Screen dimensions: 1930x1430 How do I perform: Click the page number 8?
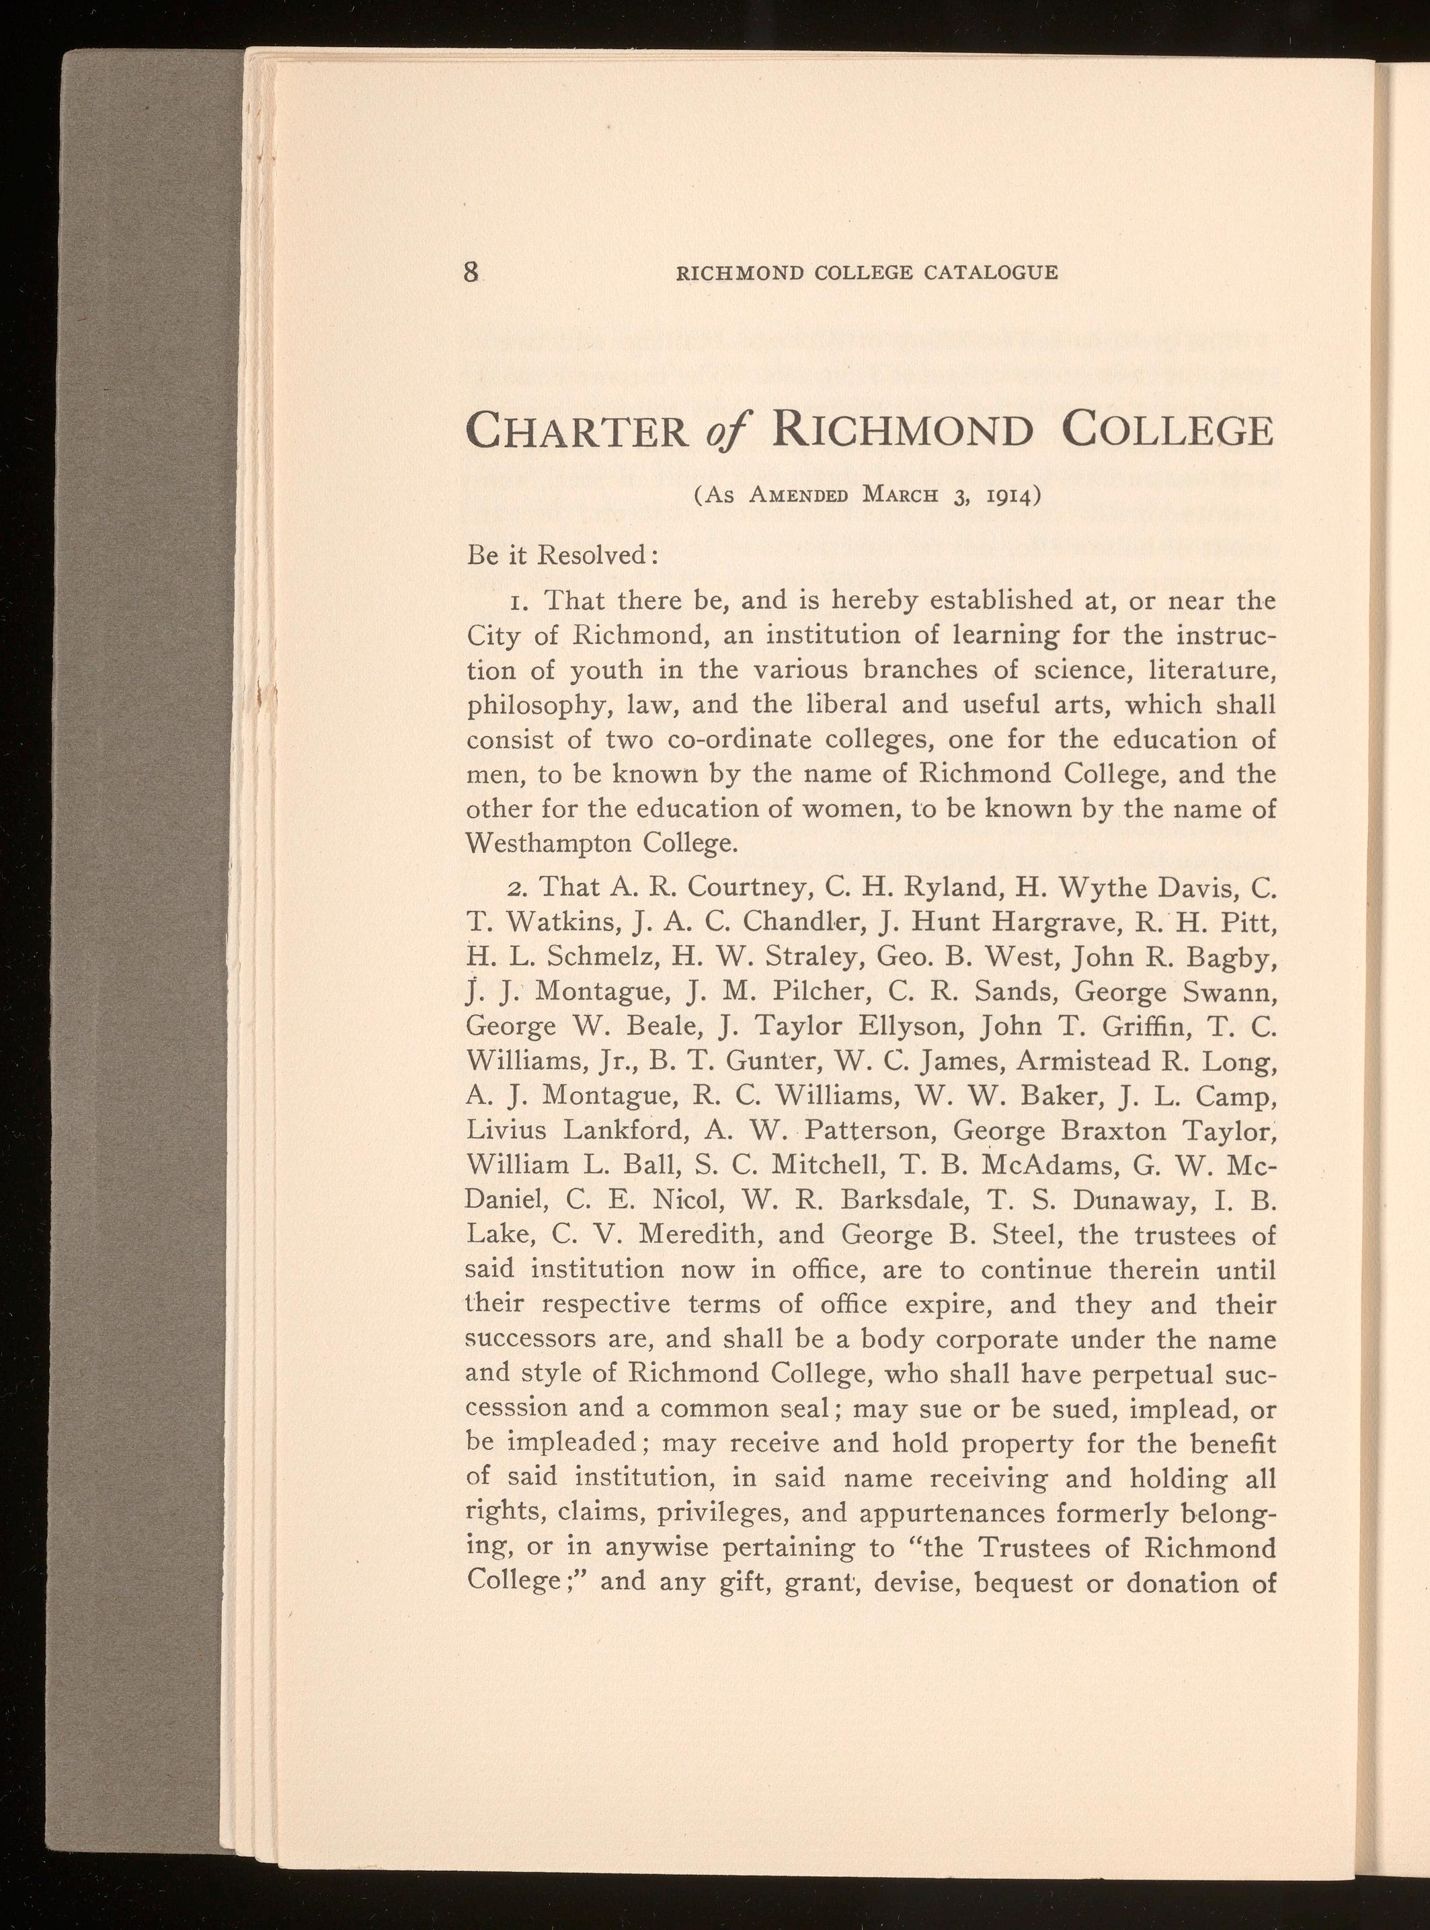[x=471, y=273]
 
